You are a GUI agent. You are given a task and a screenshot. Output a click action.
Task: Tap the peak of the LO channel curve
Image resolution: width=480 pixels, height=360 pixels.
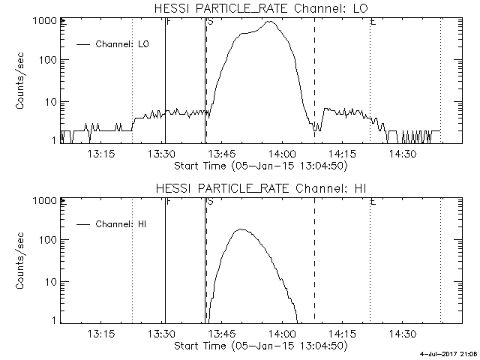pyautogui.click(x=269, y=22)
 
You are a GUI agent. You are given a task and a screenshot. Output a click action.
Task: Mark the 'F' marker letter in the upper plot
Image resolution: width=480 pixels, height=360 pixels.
pyautogui.click(x=168, y=22)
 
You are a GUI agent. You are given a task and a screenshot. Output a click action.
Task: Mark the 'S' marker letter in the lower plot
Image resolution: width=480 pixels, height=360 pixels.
pyautogui.click(x=210, y=202)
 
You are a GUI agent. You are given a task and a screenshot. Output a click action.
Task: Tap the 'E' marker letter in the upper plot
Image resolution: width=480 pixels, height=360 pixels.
pyautogui.click(x=373, y=22)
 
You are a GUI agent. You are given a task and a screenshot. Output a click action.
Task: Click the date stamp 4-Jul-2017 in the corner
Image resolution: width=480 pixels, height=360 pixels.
pyautogui.click(x=449, y=355)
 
